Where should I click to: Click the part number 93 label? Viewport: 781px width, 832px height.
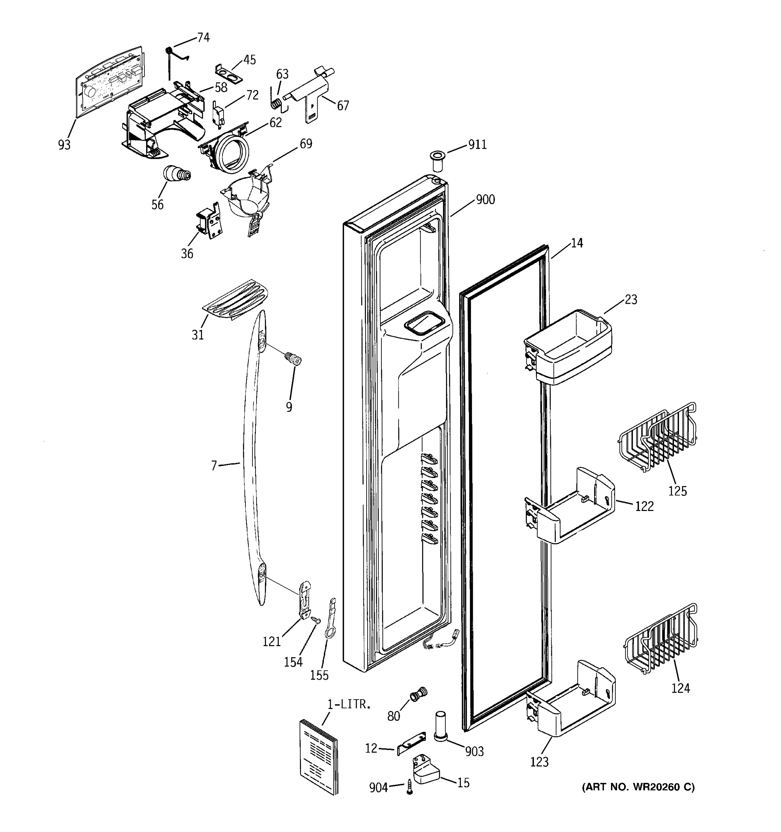click(x=64, y=145)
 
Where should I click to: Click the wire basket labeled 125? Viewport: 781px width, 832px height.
click(x=658, y=438)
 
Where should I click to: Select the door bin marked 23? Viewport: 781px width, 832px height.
click(x=568, y=347)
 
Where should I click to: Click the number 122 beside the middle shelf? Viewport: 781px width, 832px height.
click(x=644, y=506)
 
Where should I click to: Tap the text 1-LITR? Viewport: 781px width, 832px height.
click(x=349, y=704)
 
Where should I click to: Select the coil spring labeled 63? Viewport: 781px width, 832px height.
click(x=276, y=103)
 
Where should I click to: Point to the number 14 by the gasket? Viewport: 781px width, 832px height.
click(x=577, y=243)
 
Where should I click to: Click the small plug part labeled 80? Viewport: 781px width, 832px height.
click(x=417, y=695)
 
